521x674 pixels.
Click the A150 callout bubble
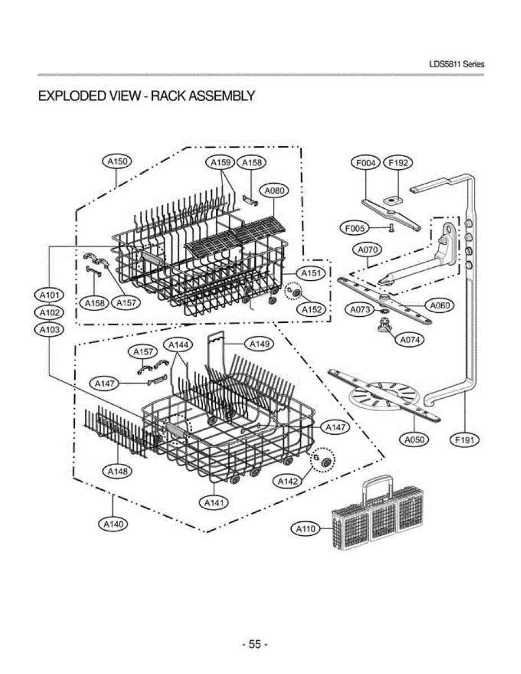[116, 162]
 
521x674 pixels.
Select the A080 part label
[274, 191]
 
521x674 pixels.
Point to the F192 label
[398, 163]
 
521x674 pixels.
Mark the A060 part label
[439, 306]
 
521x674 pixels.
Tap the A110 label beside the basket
[306, 529]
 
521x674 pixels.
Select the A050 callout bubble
[415, 440]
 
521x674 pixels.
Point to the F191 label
[465, 440]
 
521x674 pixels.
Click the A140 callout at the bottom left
[112, 524]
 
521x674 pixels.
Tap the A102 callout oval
[49, 312]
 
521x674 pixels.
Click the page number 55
[255, 644]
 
